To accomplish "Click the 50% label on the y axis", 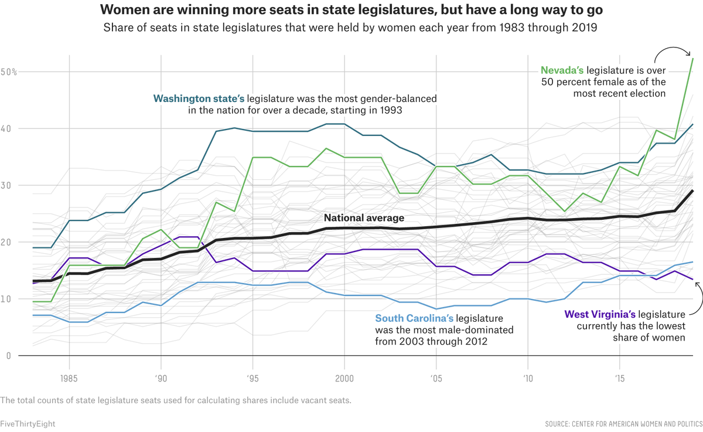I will (9, 72).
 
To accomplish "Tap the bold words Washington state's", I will (199, 98).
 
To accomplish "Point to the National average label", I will (364, 218).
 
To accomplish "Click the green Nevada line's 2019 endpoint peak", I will (693, 59).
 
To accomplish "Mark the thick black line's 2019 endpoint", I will (693, 191).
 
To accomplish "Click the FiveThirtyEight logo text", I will (28, 423).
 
